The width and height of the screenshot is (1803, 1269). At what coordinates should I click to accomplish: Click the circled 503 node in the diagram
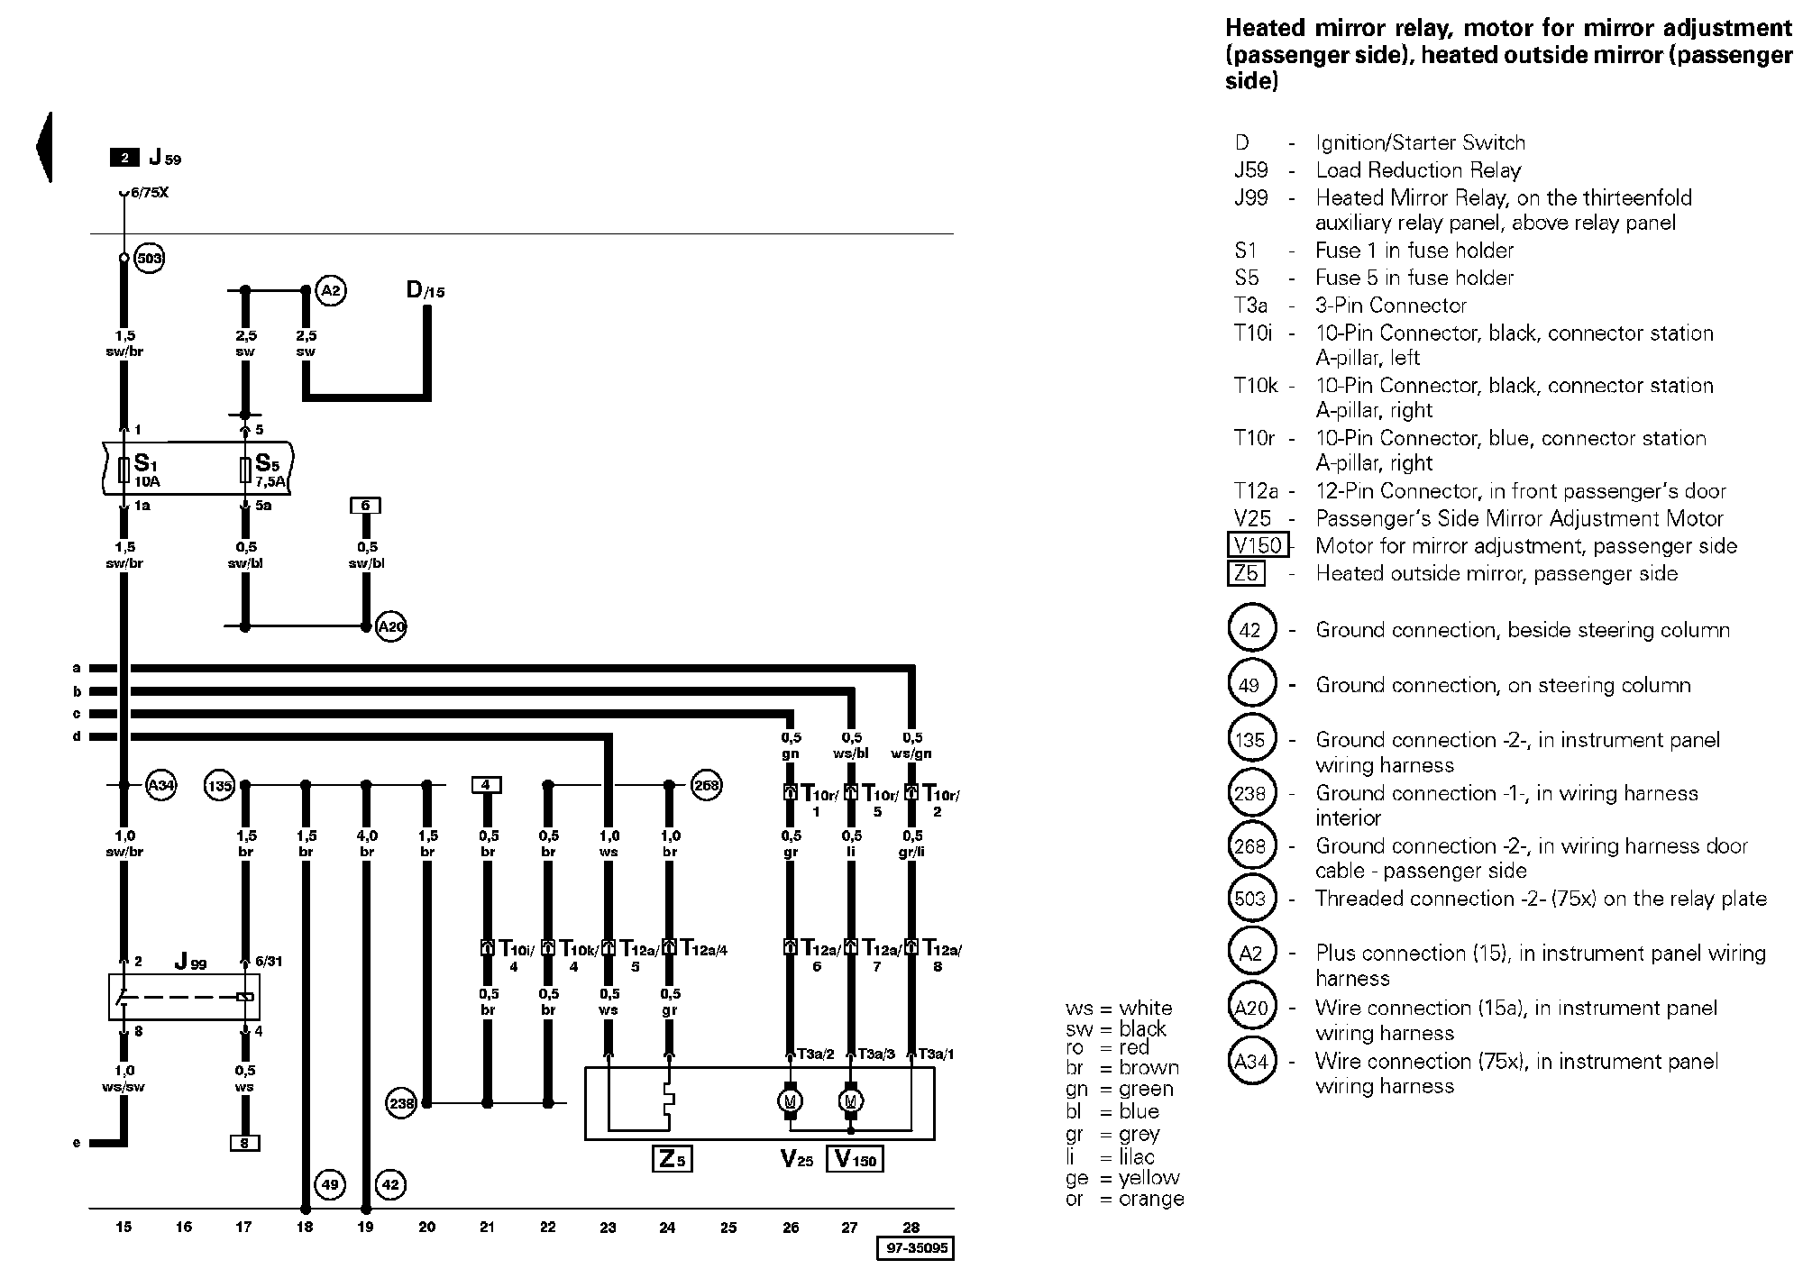pos(149,260)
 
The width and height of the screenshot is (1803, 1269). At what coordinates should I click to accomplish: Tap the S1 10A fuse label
pos(146,469)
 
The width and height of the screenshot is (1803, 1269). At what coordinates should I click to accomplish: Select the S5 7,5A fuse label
pos(269,469)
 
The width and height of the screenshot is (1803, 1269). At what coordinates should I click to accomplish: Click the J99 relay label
pos(191,962)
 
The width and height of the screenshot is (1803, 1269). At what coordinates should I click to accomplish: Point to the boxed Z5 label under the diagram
pos(672,1158)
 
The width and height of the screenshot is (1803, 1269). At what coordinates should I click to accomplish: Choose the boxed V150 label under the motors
pos(855,1159)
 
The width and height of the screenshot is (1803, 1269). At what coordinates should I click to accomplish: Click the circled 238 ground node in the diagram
pos(400,1102)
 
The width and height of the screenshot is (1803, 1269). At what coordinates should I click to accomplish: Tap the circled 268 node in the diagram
pos(707,786)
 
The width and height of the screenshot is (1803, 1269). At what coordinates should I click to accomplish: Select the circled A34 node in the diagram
pos(160,786)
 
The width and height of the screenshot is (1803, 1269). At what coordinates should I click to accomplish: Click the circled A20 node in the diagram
pos(391,626)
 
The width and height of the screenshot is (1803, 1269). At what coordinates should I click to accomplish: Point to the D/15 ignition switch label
pos(426,290)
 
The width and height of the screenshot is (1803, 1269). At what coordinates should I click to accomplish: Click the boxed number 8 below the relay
pos(244,1143)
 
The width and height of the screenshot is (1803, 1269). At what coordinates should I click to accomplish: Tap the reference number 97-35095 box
pos(915,1248)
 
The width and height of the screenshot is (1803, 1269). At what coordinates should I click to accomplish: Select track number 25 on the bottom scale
pos(728,1227)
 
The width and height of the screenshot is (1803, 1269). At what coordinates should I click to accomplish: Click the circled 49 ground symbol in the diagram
pos(330,1183)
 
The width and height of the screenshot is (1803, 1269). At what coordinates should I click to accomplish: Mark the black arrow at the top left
pos(43,147)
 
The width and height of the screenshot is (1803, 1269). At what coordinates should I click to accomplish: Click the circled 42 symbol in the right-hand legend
pos(1249,630)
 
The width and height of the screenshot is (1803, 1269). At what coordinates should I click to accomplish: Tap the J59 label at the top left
pos(165,158)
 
